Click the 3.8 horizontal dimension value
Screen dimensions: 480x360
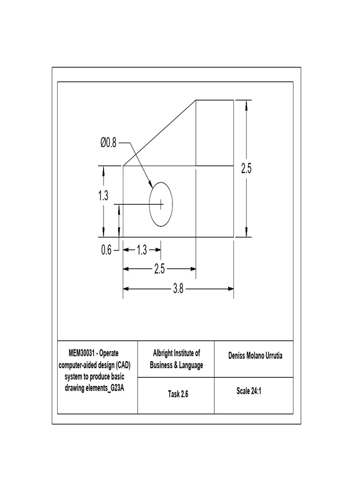(178, 289)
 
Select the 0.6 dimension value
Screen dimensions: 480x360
(106, 250)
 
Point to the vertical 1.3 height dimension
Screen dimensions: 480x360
(103, 196)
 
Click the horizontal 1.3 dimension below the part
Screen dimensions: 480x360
(142, 250)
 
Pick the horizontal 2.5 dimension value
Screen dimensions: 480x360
(159, 269)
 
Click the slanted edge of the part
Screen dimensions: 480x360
(159, 133)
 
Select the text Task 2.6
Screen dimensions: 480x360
(178, 394)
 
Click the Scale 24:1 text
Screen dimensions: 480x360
(248, 391)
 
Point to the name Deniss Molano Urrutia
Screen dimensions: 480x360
(255, 356)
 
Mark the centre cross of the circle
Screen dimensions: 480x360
(161, 204)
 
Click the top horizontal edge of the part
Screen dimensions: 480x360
(214, 100)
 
